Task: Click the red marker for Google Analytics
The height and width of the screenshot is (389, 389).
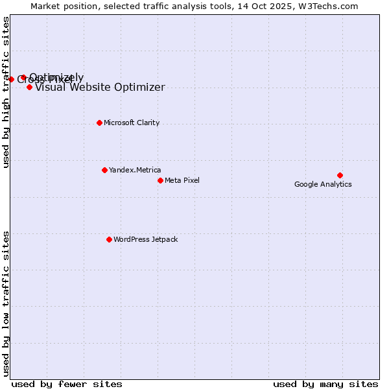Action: (340, 175)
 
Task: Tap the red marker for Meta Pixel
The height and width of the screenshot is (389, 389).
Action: (160, 180)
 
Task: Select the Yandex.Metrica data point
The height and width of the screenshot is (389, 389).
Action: (104, 170)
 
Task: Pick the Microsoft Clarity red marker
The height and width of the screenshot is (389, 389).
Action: (99, 123)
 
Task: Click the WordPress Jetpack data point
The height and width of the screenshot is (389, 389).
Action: (109, 239)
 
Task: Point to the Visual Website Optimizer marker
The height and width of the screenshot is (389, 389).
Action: (29, 87)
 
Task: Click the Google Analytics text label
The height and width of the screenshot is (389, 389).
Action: (323, 185)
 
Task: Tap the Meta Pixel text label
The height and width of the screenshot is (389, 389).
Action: (182, 180)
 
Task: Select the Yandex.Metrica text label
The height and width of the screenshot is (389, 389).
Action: (135, 170)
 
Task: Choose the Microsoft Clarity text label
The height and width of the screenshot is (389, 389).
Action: (132, 123)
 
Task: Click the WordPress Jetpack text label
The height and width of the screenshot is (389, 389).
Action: (145, 239)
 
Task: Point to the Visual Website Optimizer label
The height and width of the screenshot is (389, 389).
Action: (100, 88)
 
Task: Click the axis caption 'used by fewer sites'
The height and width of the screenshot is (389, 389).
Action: (67, 384)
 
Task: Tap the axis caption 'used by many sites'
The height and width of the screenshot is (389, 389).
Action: (325, 384)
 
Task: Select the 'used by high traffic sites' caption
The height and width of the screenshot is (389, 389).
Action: (6, 92)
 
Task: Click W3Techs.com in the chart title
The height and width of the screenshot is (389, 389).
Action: (327, 6)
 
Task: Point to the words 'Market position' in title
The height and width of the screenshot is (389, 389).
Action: (61, 6)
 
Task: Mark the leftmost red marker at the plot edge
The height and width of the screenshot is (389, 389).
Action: (11, 79)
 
